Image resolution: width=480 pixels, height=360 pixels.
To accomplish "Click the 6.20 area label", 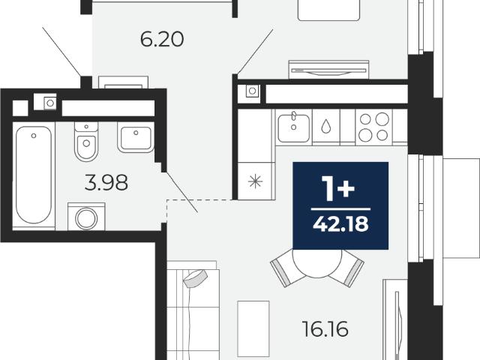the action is point(162,40).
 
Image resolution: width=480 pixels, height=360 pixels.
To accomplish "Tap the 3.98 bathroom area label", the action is point(106,183).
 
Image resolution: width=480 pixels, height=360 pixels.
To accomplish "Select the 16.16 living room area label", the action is point(325,329).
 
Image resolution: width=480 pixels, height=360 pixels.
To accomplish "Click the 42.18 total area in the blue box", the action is point(340,224).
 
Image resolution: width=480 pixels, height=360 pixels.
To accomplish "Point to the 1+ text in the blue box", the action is point(338,189).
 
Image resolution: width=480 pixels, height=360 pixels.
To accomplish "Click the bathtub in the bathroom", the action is point(34,175).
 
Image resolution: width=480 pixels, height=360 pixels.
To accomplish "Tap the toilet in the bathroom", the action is point(86,142).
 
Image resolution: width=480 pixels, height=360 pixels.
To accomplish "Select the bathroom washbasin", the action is point(136,137).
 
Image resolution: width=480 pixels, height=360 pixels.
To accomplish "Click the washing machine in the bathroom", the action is point(86,217).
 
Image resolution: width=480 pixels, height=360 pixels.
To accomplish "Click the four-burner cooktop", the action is point(373,127).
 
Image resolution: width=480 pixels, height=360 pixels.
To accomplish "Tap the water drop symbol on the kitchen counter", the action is point(325,126).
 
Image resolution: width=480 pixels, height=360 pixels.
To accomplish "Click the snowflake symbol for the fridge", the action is point(255,181).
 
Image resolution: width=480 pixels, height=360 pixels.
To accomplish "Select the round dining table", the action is point(316,263).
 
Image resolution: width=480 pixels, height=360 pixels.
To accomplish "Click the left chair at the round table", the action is point(284,269).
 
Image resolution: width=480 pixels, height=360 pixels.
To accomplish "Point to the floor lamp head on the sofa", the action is point(195,278).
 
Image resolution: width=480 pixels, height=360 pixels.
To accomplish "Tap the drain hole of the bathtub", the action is point(34,136).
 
